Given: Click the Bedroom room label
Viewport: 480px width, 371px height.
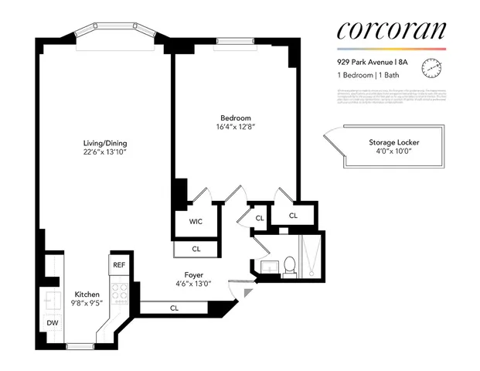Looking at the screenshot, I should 234,118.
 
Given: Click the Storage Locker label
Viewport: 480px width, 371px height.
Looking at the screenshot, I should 383,143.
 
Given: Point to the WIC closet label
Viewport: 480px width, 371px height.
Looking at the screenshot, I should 196,221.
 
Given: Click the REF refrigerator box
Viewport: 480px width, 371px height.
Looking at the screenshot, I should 119,265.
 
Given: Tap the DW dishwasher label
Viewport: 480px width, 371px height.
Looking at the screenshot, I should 52,322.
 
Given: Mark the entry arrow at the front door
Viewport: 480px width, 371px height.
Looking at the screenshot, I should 247,294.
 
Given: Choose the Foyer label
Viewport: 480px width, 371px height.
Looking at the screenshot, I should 193,274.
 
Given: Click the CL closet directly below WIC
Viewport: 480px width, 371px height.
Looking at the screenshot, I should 196,249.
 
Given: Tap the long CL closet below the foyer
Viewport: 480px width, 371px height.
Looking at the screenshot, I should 175,308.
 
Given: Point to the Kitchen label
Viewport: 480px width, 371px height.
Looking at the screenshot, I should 86,294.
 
